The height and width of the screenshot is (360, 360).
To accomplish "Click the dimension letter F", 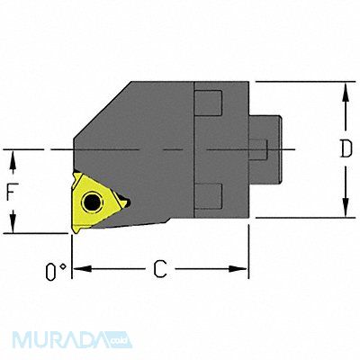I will click(13, 191).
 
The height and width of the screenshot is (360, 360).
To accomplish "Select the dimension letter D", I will click(345, 150).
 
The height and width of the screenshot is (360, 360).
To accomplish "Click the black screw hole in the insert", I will click(94, 200).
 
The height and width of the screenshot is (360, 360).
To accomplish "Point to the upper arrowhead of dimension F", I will click(13, 155).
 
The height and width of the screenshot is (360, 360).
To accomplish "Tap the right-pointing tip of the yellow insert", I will click(128, 203).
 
